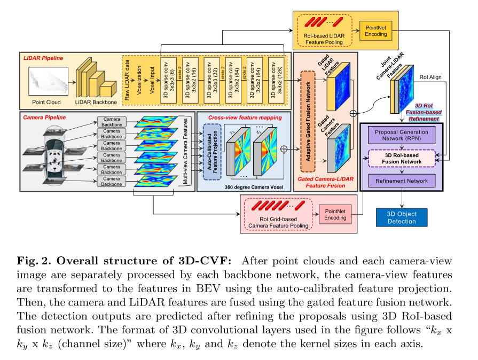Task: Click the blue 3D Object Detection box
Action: tap(402, 217)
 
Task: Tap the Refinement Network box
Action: tap(402, 181)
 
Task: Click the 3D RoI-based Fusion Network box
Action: tap(402, 158)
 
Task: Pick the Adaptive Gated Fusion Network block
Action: tap(308, 118)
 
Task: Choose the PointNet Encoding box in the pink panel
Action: tap(335, 214)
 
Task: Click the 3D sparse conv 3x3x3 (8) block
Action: tap(168, 80)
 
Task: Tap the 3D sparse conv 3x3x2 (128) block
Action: tap(276, 80)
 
